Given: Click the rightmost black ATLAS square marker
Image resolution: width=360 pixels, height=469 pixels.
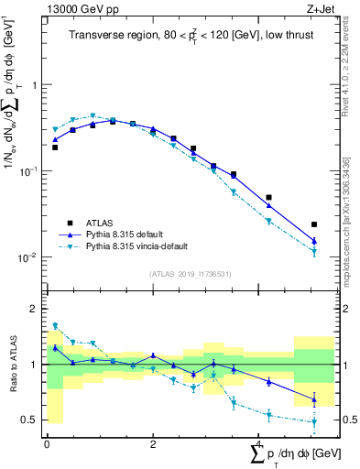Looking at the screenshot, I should (314, 224).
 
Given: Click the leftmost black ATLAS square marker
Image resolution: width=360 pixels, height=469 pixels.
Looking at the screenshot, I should (55, 147).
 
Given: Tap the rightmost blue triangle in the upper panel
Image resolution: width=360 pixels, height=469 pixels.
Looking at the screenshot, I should (314, 242).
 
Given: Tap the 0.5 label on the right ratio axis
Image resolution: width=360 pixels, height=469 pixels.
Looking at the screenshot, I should (347, 420).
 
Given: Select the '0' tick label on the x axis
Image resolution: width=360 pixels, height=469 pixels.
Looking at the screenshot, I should (47, 444).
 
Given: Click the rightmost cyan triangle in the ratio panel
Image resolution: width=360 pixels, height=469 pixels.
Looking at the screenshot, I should (314, 422).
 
